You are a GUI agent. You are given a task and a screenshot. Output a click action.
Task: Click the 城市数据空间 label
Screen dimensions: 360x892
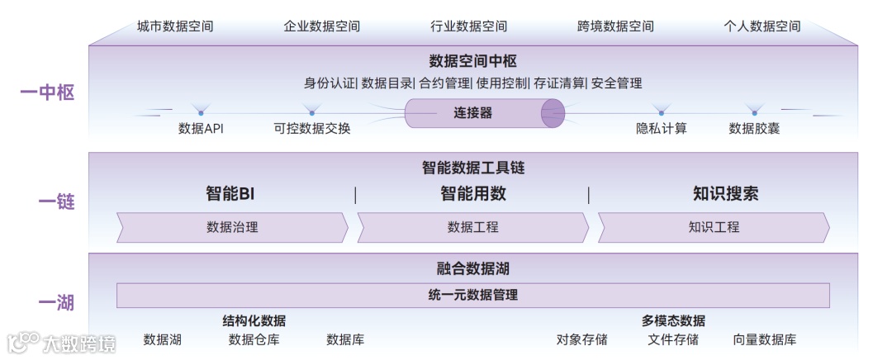[x=175, y=26]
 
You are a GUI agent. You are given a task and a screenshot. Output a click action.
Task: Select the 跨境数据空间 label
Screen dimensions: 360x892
[x=615, y=26]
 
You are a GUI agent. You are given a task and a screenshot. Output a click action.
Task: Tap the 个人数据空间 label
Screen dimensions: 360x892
[x=762, y=26]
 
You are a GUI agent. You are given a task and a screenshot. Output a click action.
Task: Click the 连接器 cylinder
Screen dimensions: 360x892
[x=483, y=113]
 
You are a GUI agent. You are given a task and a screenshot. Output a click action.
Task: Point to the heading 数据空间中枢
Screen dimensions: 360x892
[x=472, y=61]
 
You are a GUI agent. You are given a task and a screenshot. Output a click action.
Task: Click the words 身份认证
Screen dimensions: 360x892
[x=330, y=83]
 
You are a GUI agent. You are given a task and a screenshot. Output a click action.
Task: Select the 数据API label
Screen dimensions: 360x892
[x=201, y=129]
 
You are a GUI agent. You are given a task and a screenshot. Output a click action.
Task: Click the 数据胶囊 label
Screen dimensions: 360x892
[x=754, y=129]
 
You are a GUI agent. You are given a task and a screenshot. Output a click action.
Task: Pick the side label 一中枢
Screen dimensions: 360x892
[x=47, y=92]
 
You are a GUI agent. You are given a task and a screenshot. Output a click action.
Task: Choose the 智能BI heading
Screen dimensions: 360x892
[x=230, y=195]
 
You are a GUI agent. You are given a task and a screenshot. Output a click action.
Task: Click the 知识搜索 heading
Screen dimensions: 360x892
[x=725, y=195]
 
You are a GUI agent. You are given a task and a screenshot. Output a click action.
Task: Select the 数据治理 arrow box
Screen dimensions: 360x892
[x=232, y=227]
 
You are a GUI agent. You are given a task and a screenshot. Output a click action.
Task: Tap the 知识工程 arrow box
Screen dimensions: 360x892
[x=714, y=227]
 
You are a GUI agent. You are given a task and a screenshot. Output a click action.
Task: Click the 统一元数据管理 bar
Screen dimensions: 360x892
[x=472, y=295]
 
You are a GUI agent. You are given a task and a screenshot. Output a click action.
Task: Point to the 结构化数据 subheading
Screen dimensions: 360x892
[x=254, y=321]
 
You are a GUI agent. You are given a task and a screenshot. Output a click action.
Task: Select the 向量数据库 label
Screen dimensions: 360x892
[x=765, y=339]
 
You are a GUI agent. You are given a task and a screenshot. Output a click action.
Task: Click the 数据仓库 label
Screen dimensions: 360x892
[x=254, y=339]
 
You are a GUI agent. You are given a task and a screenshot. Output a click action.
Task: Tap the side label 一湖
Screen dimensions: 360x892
[x=56, y=303]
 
